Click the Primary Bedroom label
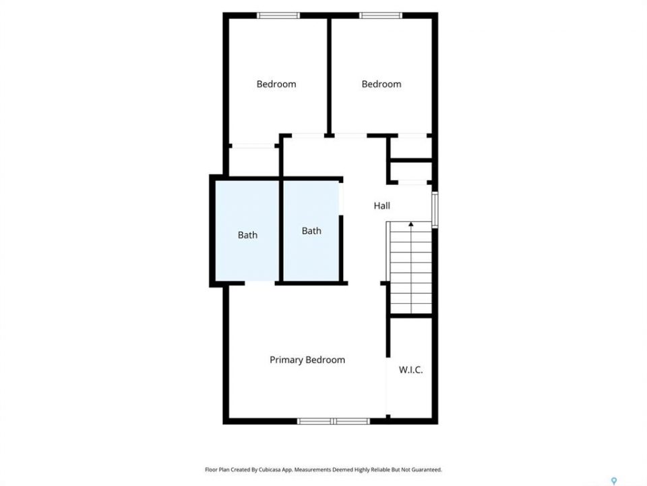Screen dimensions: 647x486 [307, 360]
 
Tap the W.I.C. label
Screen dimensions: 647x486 [410, 370]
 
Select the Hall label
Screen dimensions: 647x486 [381, 205]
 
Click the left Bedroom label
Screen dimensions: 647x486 [276, 84]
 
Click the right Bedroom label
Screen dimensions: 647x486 [381, 84]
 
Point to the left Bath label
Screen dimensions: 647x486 [247, 235]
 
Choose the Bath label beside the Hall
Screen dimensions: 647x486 [311, 231]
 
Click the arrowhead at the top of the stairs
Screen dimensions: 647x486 [411, 224]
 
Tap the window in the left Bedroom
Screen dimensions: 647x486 [278, 16]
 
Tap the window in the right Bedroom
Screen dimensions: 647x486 [380, 16]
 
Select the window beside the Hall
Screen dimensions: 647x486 [435, 210]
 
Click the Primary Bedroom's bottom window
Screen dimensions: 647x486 [334, 421]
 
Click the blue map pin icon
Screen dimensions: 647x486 [614, 481]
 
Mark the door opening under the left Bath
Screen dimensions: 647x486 [260, 283]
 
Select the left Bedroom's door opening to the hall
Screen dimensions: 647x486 [308, 136]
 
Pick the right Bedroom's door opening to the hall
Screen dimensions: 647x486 [350, 136]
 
